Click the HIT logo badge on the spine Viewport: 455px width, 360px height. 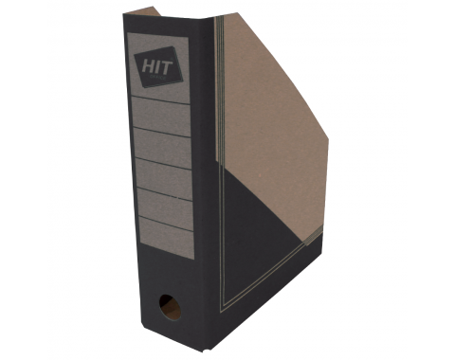click(x=158, y=66)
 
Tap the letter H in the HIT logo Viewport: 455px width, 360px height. click(x=148, y=67)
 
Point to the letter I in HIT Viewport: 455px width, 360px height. click(x=157, y=67)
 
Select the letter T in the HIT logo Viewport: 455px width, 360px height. click(x=167, y=66)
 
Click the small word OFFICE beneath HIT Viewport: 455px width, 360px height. click(x=156, y=76)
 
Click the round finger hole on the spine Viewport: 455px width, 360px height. click(x=170, y=307)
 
